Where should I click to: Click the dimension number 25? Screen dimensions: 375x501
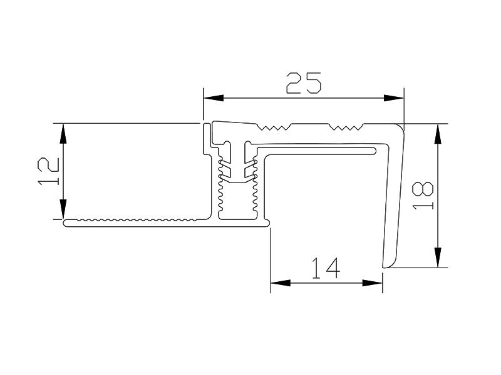pos(304,83)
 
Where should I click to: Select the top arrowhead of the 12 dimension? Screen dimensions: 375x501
pos(63,132)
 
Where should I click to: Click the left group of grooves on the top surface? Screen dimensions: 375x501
pos(275,129)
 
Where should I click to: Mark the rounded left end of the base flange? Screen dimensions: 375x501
pos(66,223)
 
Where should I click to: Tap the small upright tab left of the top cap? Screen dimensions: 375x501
pos(205,139)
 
